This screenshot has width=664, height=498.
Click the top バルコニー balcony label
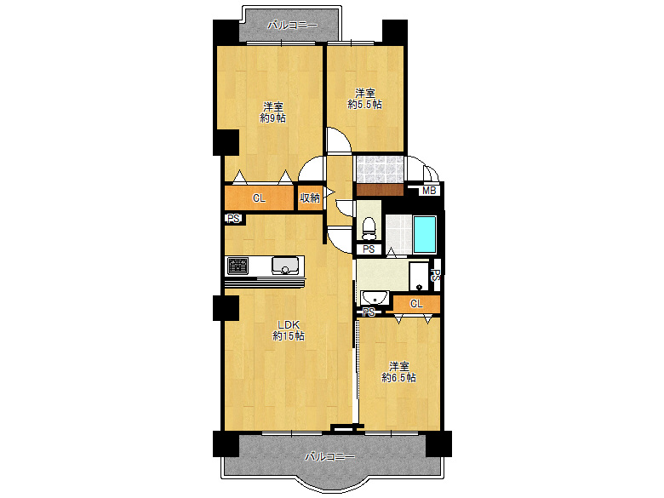(x=292, y=26)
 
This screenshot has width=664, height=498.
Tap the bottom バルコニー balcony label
(x=330, y=457)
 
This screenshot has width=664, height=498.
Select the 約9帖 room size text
(x=272, y=118)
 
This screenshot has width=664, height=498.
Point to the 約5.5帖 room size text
(x=364, y=104)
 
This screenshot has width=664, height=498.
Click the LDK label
(x=289, y=325)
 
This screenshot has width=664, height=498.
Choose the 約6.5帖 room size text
(x=398, y=377)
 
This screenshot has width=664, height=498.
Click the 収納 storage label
(x=310, y=197)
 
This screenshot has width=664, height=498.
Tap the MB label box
(x=429, y=191)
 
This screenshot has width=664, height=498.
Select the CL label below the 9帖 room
(x=259, y=197)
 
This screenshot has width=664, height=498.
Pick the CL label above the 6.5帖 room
(x=416, y=304)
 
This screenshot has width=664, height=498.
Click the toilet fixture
(x=369, y=228)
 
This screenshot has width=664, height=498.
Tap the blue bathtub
(x=424, y=235)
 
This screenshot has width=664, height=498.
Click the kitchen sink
(x=285, y=266)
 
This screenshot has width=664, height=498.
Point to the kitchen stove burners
(x=238, y=266)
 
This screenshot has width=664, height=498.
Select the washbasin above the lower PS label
(x=375, y=298)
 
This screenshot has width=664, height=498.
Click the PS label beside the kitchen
(x=233, y=219)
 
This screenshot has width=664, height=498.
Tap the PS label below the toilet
(x=369, y=249)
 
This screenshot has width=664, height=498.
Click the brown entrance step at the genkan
(x=380, y=189)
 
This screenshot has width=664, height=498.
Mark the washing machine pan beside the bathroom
(x=419, y=276)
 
